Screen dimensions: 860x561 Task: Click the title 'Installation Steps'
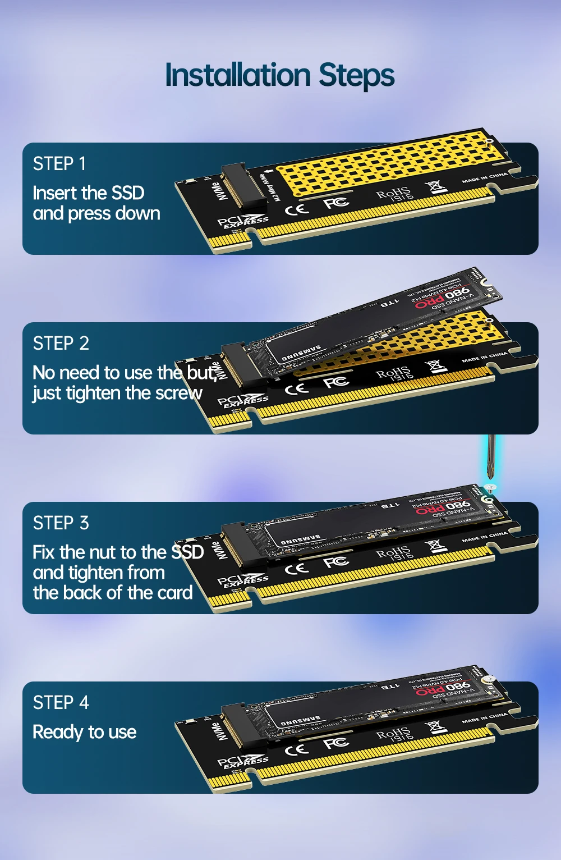pos(279,75)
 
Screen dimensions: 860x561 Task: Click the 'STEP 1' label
pos(59,164)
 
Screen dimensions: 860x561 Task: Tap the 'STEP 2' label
pos(61,344)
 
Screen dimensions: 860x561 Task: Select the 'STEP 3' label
pos(61,523)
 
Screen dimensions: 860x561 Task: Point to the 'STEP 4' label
pos(61,703)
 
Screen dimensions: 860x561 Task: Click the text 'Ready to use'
pos(85,732)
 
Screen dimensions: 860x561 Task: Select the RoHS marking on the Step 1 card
pos(394,195)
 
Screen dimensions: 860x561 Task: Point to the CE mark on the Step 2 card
pos(296,388)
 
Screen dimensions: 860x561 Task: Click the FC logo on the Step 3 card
pos(336,562)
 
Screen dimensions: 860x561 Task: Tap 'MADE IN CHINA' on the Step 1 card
pos(485,178)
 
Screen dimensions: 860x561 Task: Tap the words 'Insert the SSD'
pos(88,193)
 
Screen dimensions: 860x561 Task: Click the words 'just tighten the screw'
pos(117,394)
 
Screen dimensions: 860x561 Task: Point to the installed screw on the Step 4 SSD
pos(489,679)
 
